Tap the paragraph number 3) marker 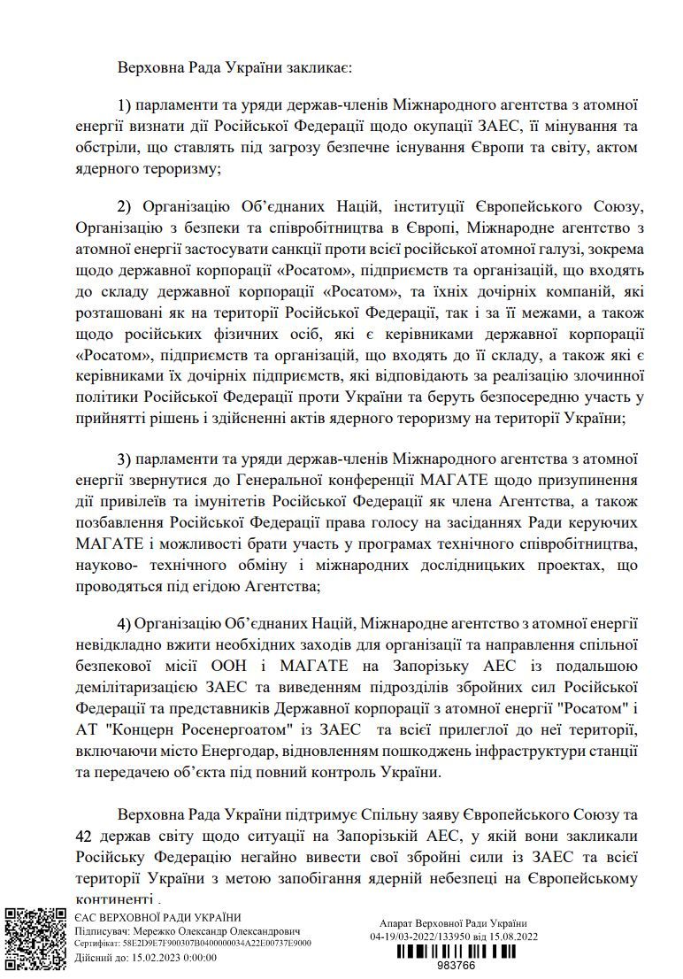pos(125,459)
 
